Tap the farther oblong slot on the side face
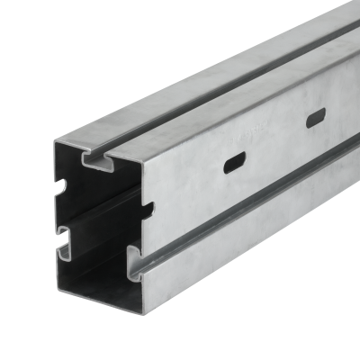tap(316, 118)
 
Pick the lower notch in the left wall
tap(65, 239)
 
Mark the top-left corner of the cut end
tap(55, 142)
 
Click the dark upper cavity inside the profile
tap(99, 193)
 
